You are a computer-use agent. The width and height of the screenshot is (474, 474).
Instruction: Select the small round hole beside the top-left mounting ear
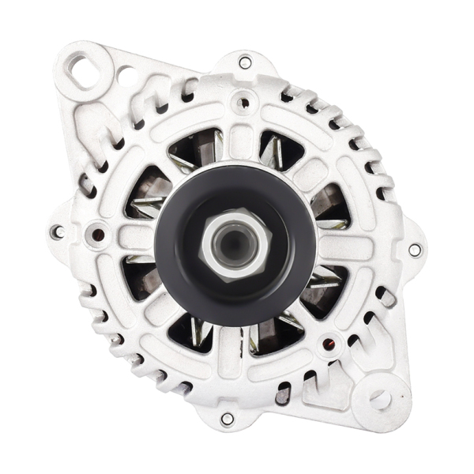125,77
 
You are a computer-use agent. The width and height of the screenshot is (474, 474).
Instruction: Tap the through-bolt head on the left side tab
57,232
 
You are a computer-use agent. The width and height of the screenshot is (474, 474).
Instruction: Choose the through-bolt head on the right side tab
415,250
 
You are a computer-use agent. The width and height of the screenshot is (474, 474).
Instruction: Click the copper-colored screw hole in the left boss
97,234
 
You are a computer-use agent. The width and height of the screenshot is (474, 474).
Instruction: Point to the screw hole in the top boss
243,102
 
